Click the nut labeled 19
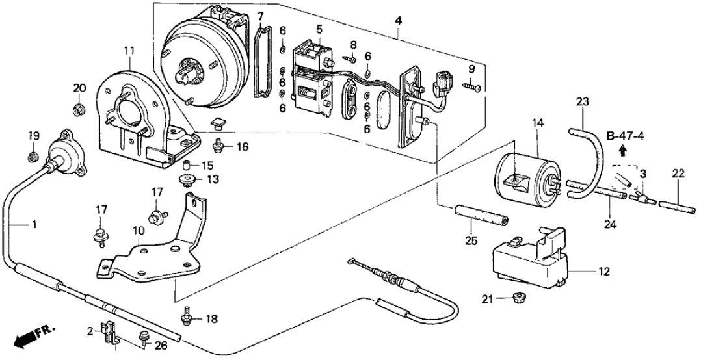pyautogui.click(x=33, y=155)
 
